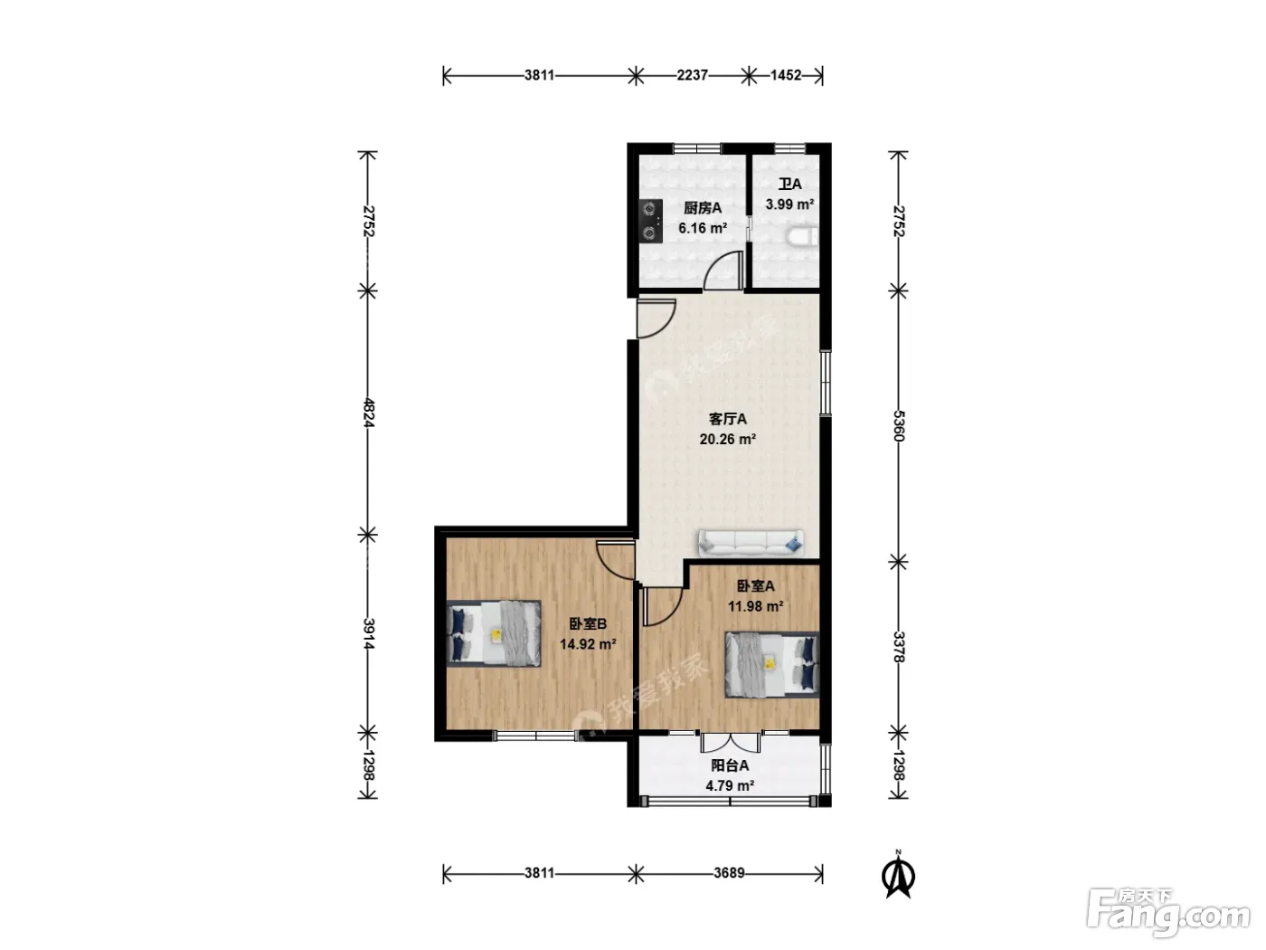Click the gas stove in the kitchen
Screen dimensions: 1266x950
(x=650, y=221)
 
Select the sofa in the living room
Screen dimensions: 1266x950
(x=751, y=544)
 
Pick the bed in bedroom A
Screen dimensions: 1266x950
(x=772, y=664)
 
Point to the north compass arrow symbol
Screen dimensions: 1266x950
(x=898, y=877)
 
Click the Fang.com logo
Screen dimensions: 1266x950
(x=1169, y=911)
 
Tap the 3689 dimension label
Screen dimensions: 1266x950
(x=729, y=873)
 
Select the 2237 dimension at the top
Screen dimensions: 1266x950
(x=692, y=75)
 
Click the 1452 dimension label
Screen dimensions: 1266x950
(x=786, y=75)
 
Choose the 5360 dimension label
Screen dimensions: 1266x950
(x=899, y=425)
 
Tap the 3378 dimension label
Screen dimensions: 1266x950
(x=899, y=647)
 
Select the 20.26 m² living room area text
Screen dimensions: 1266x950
(x=728, y=439)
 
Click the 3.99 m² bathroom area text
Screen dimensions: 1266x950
(x=789, y=204)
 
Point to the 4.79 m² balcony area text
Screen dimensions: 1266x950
(x=730, y=785)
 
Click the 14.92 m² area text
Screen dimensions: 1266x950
(x=588, y=643)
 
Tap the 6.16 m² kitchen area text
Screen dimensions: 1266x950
(x=703, y=228)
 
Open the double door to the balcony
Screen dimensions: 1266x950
(x=730, y=742)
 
